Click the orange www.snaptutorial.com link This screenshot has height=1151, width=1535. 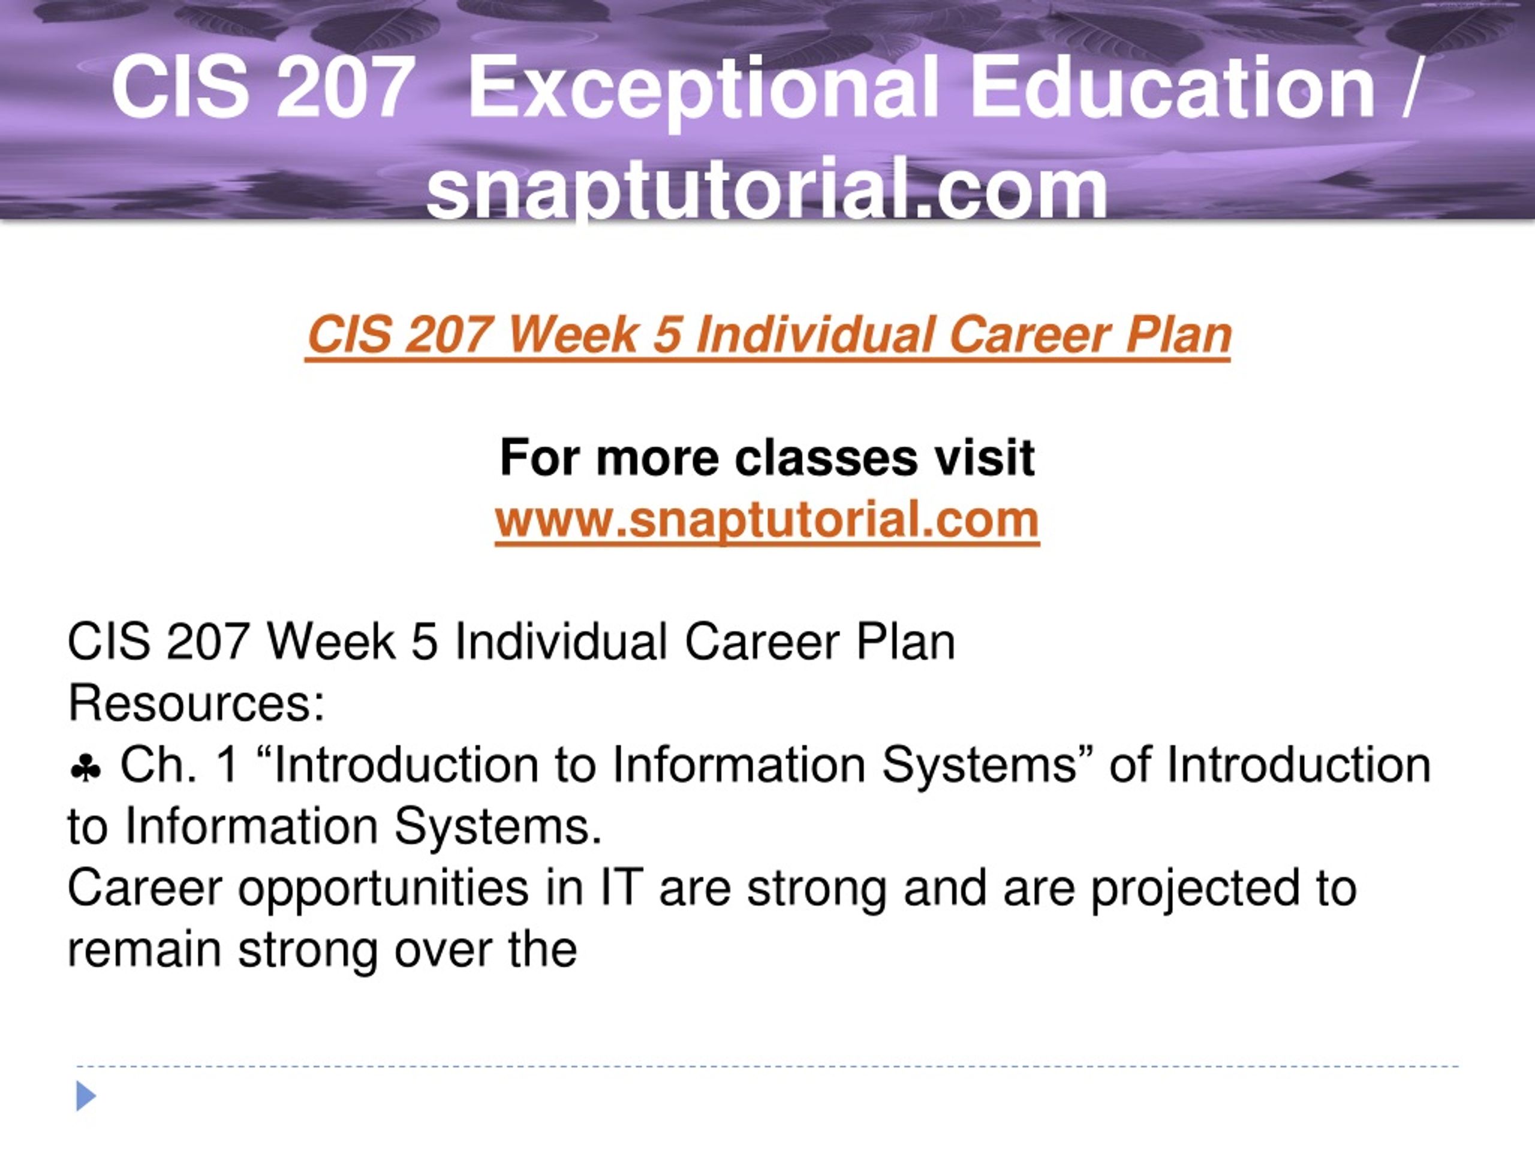point(767,520)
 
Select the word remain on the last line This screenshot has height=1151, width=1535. point(145,950)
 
